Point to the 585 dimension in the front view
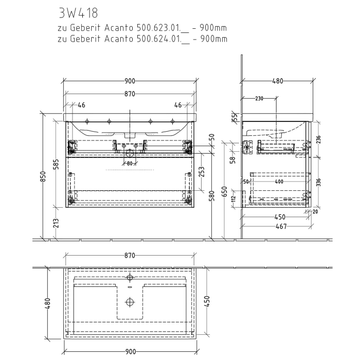pyautogui.click(x=57, y=164)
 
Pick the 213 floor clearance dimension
pyautogui.click(x=57, y=223)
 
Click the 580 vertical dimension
pyautogui.click(x=211, y=196)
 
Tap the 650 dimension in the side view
pyautogui.click(x=224, y=191)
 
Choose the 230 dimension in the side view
pyautogui.click(x=259, y=98)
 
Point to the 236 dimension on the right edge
pyautogui.click(x=318, y=139)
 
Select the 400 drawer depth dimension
pyautogui.click(x=278, y=182)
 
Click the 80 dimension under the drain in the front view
pyautogui.click(x=130, y=164)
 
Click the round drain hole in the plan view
pyautogui.click(x=130, y=301)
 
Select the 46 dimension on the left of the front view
pyautogui.click(x=81, y=105)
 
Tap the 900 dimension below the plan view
pyautogui.click(x=130, y=351)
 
